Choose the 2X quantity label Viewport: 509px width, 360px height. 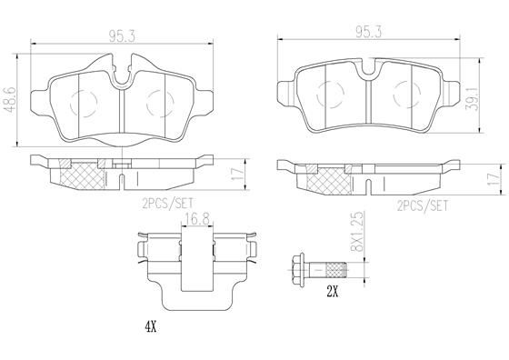(x=334, y=293)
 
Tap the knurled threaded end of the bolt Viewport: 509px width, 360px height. (x=336, y=270)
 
